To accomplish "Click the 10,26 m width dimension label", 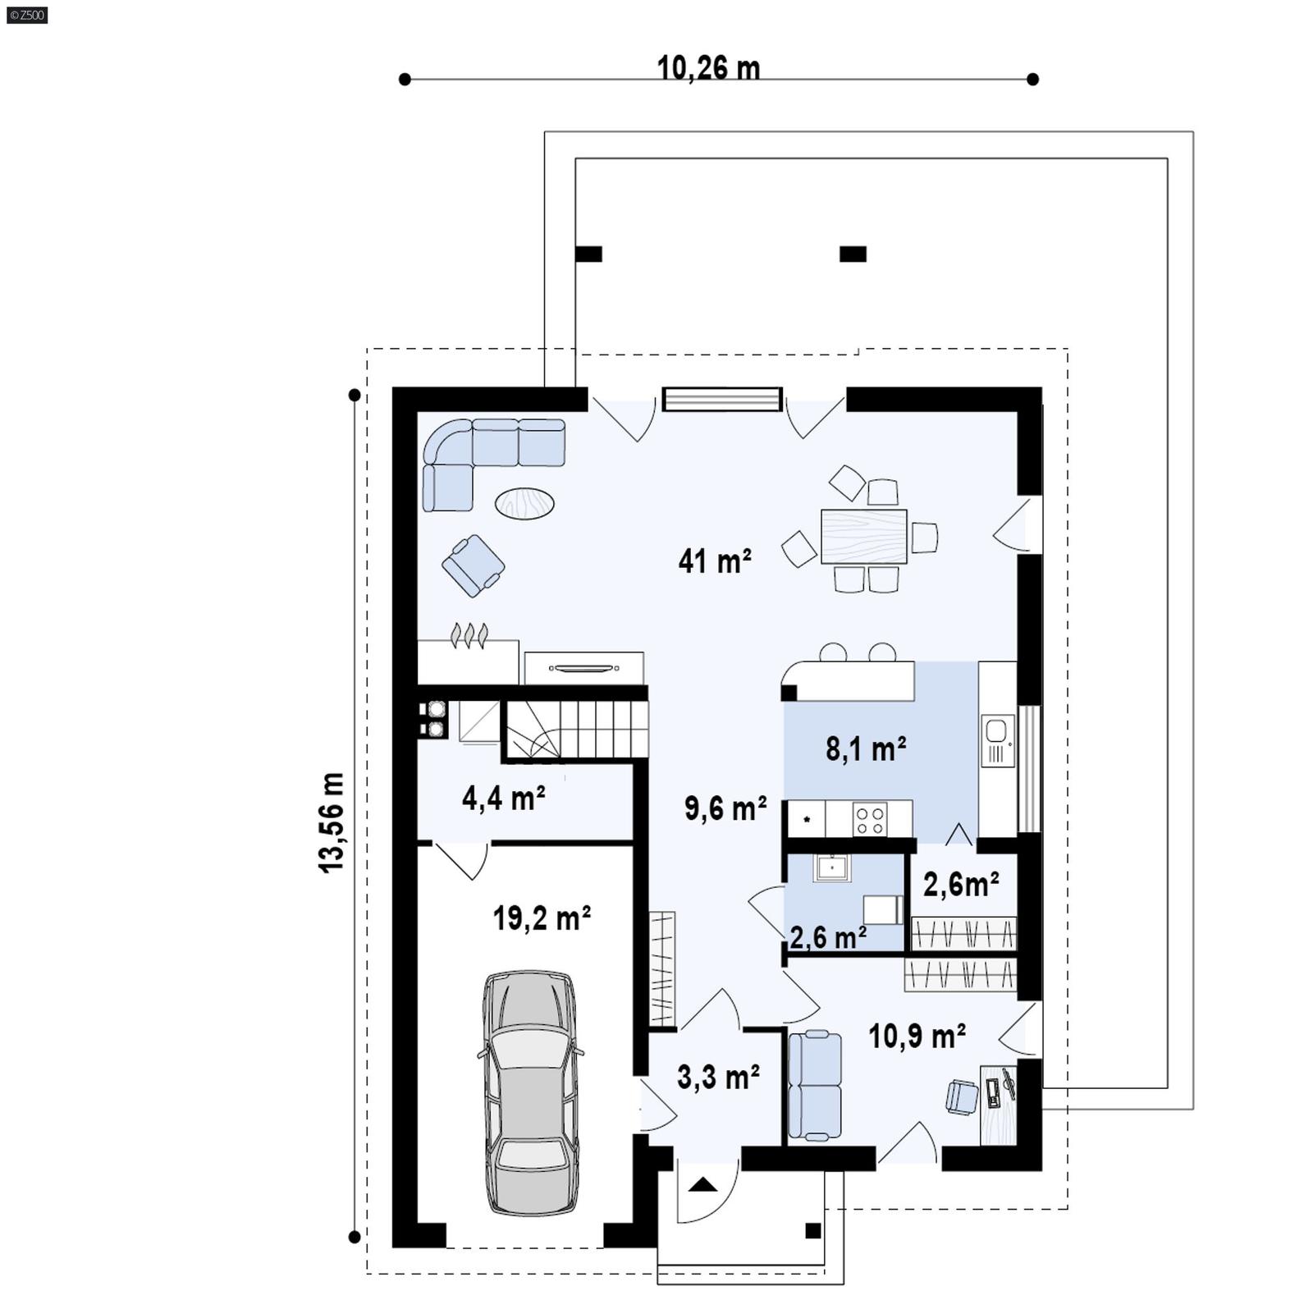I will (708, 68).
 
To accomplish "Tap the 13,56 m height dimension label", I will (332, 822).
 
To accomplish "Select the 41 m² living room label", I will (714, 561).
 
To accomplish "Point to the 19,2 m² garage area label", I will (542, 918).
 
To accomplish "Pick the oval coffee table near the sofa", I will (524, 503).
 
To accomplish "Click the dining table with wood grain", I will (863, 536).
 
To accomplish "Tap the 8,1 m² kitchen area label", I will (865, 749).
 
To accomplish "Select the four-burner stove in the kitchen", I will (869, 818).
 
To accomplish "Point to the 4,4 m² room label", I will (503, 798).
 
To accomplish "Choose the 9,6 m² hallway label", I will (725, 808).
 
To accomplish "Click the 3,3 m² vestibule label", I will (717, 1077).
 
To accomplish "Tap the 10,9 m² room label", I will (916, 1037).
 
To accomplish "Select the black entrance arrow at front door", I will (702, 1184).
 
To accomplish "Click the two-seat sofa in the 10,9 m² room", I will (814, 1085).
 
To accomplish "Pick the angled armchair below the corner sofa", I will (473, 565).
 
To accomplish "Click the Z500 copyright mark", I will (26, 14).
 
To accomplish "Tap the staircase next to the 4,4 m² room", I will (574, 729).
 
